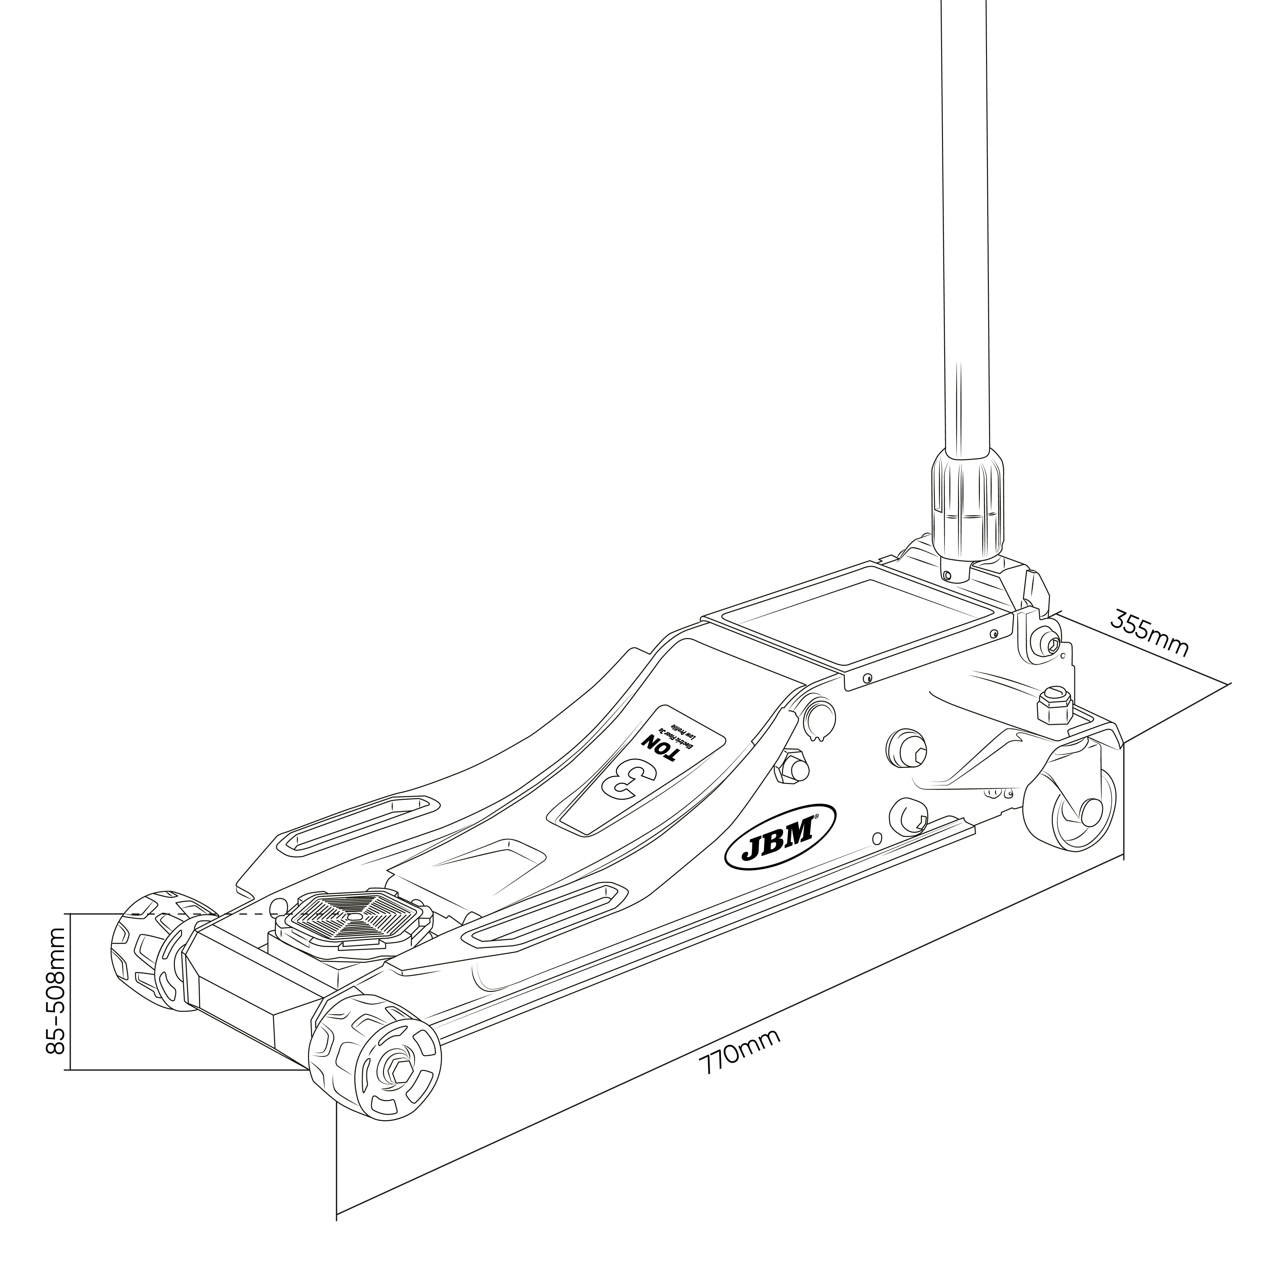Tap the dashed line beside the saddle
199,914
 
